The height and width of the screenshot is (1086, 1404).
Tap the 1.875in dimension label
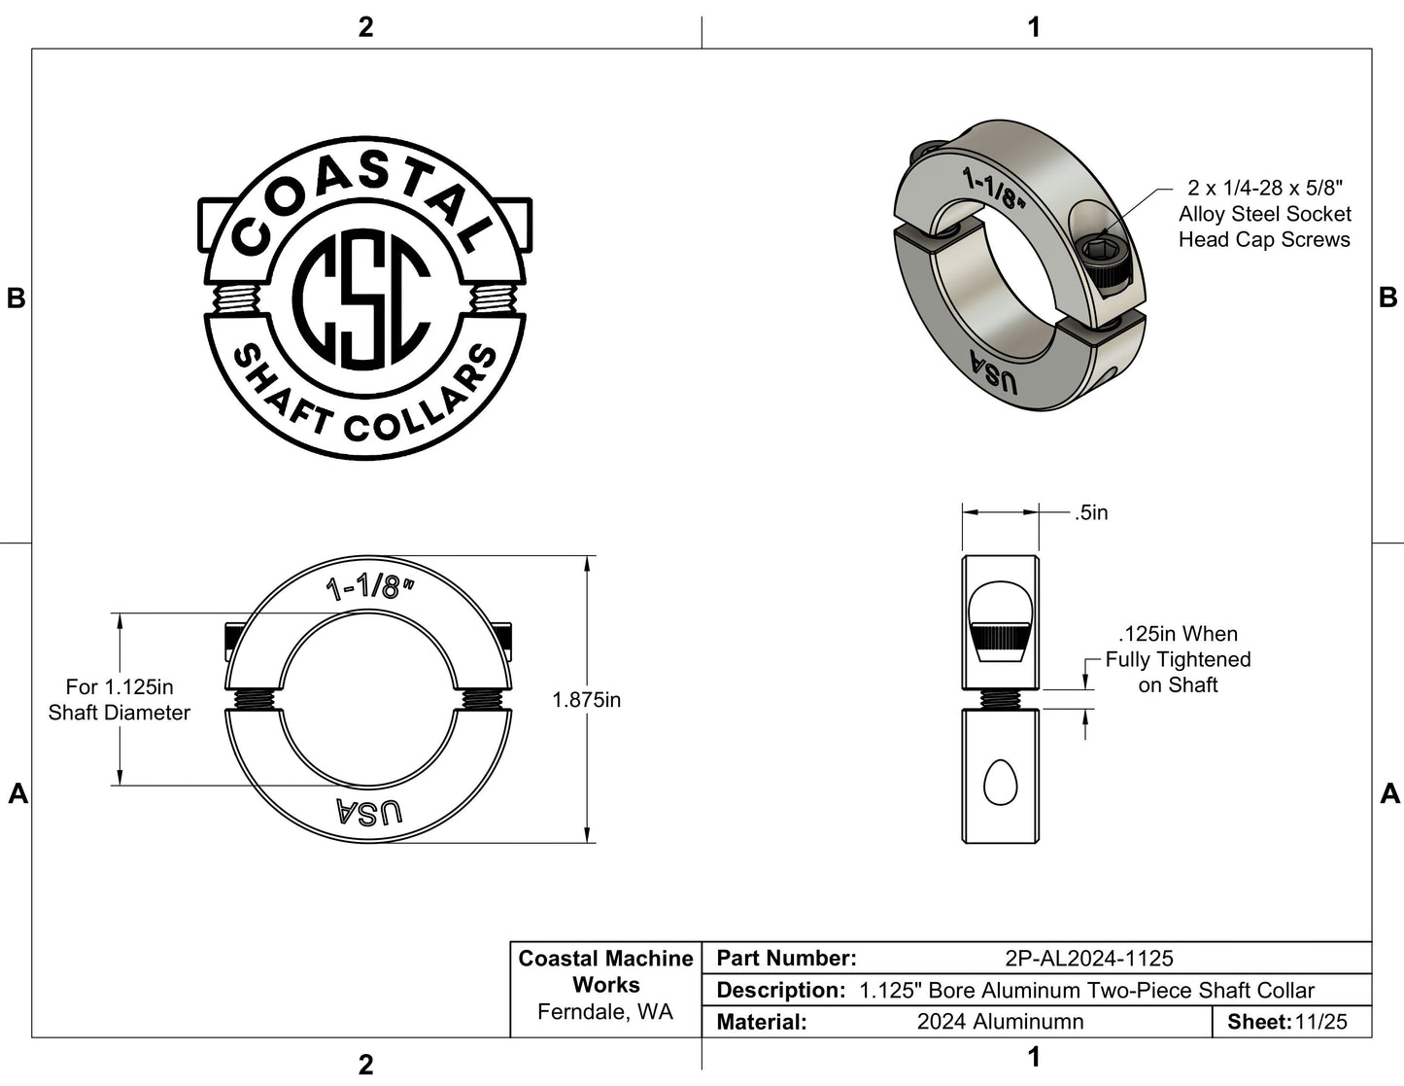[586, 700]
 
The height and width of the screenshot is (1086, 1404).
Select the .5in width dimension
[1091, 512]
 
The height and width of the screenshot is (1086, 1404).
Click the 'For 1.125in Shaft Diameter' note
[120, 700]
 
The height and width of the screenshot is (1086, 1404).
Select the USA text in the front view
[368, 812]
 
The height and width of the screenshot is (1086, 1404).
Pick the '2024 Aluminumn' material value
[1000, 1022]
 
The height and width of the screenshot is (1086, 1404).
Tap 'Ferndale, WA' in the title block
[604, 1012]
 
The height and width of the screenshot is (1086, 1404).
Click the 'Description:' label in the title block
[779, 991]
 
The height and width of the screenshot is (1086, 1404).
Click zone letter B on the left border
[17, 298]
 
